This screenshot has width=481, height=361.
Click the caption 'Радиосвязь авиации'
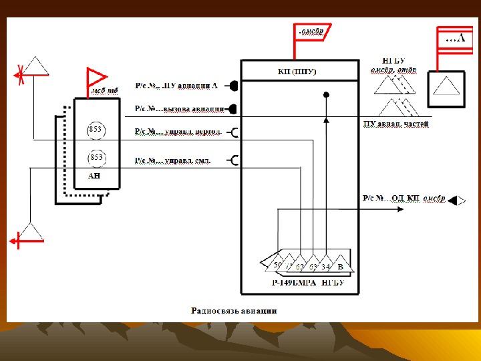[233, 310]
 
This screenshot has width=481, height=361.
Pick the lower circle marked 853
[96, 157]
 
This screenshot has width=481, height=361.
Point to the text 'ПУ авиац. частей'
[395, 124]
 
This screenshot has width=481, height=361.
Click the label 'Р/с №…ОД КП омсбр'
[404, 199]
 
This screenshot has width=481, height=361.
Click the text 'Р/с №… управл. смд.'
[172, 160]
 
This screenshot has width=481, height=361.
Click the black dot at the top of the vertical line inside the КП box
[326, 95]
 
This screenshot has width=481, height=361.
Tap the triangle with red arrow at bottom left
[30, 233]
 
